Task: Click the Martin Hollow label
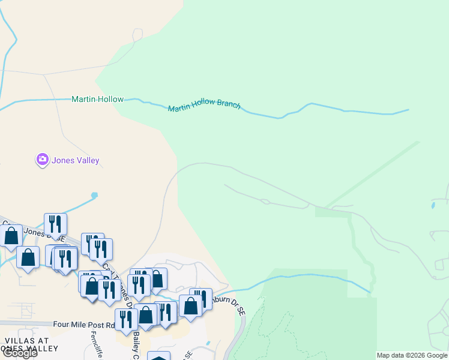[x=97, y=99]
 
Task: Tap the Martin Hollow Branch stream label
[x=204, y=107]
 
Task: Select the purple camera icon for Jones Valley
[x=42, y=160]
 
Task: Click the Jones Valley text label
[x=75, y=160]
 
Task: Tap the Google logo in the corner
[x=19, y=353]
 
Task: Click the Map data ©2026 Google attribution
[x=412, y=355]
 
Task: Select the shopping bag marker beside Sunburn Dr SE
[x=190, y=305]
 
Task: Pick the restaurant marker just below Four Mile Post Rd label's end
[x=125, y=319]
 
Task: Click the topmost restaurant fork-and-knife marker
[x=55, y=224]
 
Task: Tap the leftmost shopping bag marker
[x=11, y=235]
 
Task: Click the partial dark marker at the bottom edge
[x=158, y=356]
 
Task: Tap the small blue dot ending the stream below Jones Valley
[x=94, y=195]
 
